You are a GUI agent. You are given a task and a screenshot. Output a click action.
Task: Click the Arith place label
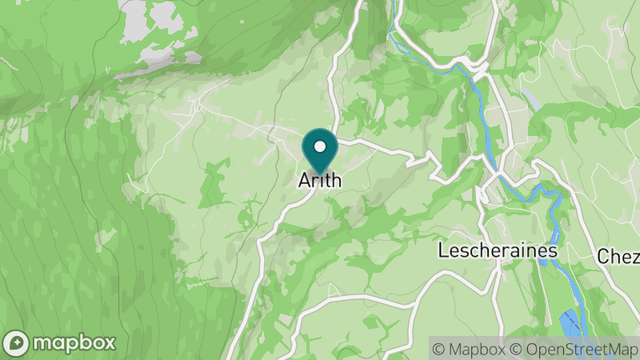tap(319, 181)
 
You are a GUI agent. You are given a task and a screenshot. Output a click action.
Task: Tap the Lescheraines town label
tap(497, 250)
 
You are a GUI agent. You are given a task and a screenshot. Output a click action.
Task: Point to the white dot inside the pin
tap(320, 146)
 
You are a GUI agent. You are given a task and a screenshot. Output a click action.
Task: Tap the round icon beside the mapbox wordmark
tap(16, 343)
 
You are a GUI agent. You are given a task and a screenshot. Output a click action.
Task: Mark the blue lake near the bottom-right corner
tap(569, 324)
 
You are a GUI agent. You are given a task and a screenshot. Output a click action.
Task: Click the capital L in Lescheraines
tap(443, 250)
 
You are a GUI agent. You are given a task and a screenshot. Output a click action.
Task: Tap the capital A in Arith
tap(304, 181)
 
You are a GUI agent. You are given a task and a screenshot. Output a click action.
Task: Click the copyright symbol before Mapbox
tap(438, 348)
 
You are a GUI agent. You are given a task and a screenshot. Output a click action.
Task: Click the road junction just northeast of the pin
tap(339, 141)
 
